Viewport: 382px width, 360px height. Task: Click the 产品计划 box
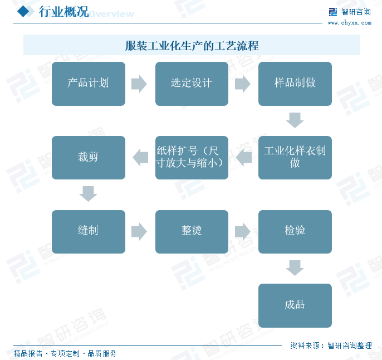88,84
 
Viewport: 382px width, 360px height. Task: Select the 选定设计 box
192,84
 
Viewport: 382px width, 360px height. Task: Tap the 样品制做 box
295,84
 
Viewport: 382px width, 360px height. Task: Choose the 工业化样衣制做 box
295,158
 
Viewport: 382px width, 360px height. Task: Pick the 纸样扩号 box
192,158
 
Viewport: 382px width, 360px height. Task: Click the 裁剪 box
88,158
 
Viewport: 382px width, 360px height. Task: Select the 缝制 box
88,231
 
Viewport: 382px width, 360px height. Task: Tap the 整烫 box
192,231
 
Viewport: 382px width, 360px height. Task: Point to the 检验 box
295,231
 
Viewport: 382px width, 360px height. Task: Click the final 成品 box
295,305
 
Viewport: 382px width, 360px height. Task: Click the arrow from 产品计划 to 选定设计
139,84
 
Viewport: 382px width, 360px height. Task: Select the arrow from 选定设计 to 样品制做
243,84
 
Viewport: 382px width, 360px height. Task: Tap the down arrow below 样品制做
295,120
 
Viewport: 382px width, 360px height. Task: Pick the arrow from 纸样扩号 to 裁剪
140,158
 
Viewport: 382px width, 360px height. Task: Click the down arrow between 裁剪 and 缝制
88,194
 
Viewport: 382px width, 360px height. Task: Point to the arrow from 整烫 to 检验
243,231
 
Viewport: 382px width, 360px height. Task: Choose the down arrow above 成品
295,268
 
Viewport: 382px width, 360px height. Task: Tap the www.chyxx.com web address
349,23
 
